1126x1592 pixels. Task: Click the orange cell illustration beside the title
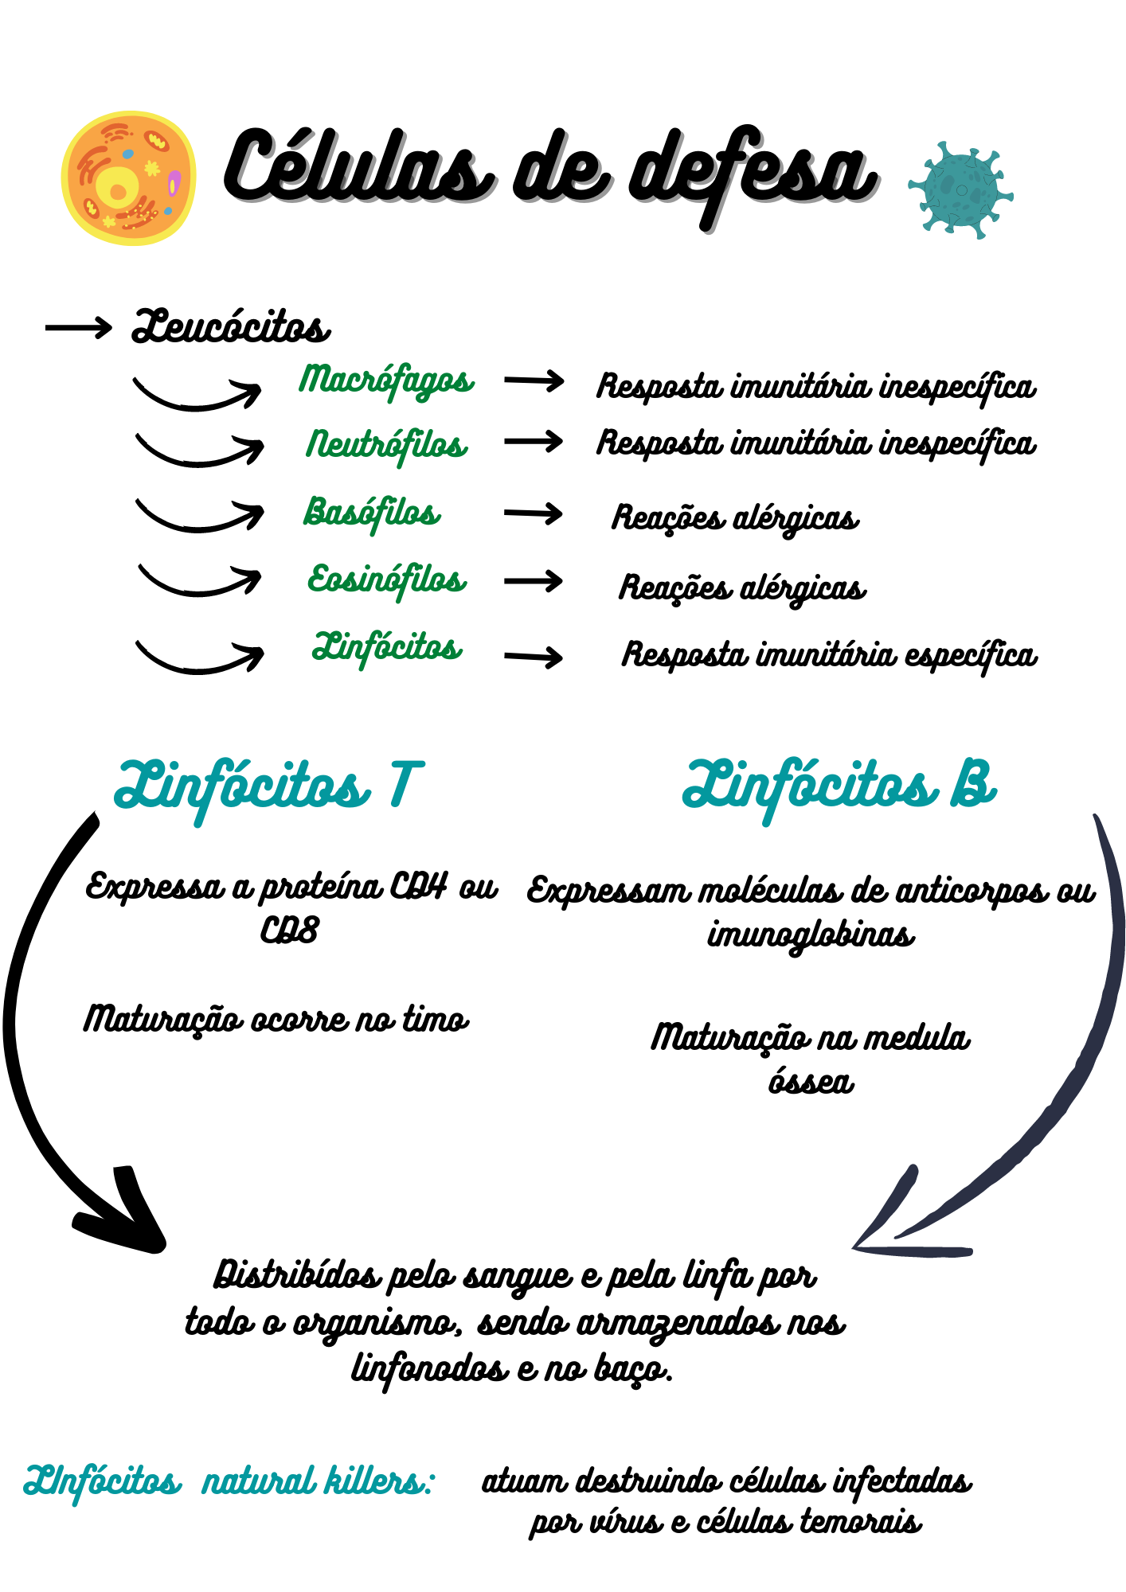(x=129, y=178)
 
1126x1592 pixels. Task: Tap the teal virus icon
(x=960, y=190)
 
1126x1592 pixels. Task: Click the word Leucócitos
(x=231, y=326)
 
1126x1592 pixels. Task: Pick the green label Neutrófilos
(x=387, y=445)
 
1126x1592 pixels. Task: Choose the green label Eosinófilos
(x=387, y=580)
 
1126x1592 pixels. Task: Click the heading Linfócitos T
(x=268, y=786)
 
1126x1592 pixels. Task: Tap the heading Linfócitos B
(x=839, y=786)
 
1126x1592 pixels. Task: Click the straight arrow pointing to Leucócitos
(x=78, y=327)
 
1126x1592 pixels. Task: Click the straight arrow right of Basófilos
(x=533, y=513)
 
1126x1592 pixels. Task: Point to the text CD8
(x=290, y=931)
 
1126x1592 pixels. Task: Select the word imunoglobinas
(x=811, y=935)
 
